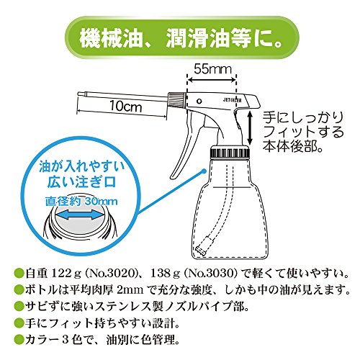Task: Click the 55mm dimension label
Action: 212,69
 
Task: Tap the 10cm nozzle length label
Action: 126,106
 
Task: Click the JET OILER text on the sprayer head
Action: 233,100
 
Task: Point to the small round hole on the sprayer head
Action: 199,101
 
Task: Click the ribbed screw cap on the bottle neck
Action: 230,152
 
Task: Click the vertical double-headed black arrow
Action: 250,127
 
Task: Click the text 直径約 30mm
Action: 81,201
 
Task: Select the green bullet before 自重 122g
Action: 19,274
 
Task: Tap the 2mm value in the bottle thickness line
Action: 130,290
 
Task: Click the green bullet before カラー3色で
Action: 19,340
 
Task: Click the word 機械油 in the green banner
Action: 111,38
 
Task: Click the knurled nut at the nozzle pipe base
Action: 176,99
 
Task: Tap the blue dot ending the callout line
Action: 204,171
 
